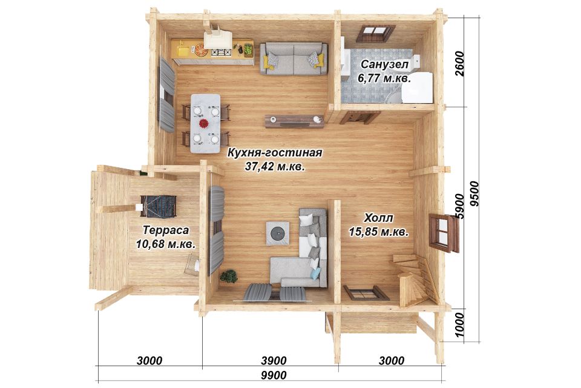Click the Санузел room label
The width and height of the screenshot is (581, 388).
pyautogui.click(x=384, y=64)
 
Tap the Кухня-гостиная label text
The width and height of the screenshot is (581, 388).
pyautogui.click(x=275, y=153)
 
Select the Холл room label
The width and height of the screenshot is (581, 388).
pyautogui.click(x=378, y=217)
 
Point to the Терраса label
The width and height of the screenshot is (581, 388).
pyautogui.click(x=166, y=230)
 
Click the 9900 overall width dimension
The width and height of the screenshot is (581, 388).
pyautogui.click(x=274, y=375)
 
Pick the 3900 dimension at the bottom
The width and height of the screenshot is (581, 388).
pyautogui.click(x=274, y=361)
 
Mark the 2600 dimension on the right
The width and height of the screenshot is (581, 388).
pyautogui.click(x=459, y=64)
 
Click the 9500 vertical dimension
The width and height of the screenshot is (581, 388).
pyautogui.click(x=473, y=194)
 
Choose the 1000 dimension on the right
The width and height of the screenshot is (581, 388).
pyautogui.click(x=459, y=324)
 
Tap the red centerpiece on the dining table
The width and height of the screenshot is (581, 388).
pyautogui.click(x=204, y=123)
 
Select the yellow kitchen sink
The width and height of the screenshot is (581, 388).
pyautogui.click(x=183, y=50)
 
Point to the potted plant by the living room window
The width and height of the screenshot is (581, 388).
pyautogui.click(x=229, y=276)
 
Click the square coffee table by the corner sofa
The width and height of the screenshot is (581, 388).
pyautogui.click(x=278, y=233)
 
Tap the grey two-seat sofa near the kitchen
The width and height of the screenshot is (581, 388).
pyautogui.click(x=294, y=59)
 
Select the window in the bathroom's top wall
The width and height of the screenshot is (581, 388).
pyautogui.click(x=376, y=33)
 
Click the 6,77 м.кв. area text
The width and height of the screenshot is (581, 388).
pyautogui.click(x=384, y=78)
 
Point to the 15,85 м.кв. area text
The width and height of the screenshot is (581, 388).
pyautogui.click(x=378, y=232)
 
